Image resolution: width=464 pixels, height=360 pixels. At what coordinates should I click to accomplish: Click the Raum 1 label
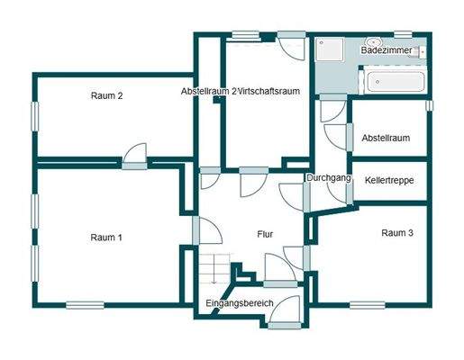pos(106,238)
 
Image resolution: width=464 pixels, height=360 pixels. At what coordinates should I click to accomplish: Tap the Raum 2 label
pos(106,95)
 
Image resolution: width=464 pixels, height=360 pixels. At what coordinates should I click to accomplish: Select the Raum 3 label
pos(397,232)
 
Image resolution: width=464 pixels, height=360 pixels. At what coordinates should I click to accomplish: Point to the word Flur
pos(265,234)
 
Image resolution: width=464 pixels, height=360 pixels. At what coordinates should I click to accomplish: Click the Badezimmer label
pos(387,51)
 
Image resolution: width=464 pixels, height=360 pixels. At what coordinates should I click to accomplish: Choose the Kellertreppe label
pos(390,180)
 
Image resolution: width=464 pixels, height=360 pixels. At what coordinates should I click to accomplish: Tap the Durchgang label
pos(328,178)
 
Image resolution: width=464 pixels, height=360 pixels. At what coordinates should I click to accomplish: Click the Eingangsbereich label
pos(239,303)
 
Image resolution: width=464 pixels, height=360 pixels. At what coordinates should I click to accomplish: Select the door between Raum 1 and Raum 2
pos(136,157)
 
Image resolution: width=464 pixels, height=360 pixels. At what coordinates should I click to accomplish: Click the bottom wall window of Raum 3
pos(368,303)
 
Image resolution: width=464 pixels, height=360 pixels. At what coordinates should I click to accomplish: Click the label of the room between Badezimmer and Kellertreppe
pos(387,138)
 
